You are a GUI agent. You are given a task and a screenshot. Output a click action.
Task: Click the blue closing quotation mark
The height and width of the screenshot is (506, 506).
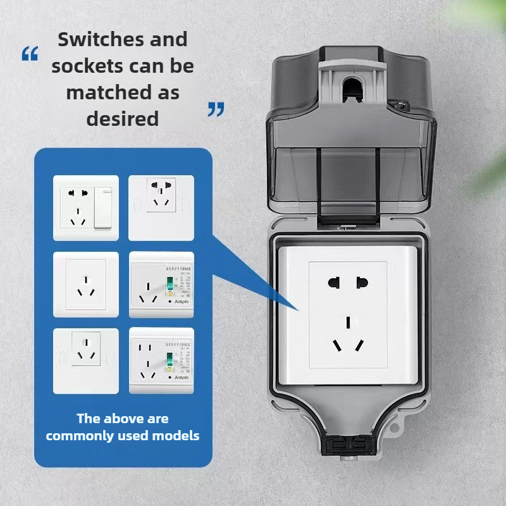coord(216,110)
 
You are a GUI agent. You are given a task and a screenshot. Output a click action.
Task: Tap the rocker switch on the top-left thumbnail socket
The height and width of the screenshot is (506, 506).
coord(102,206)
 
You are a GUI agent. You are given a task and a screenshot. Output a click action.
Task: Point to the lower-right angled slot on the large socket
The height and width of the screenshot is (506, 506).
coord(359,346)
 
